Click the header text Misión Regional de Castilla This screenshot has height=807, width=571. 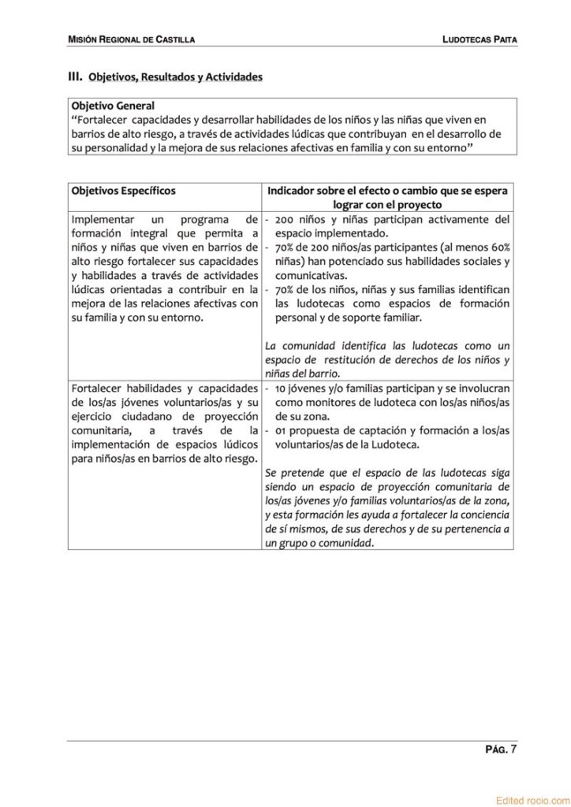click(x=132, y=39)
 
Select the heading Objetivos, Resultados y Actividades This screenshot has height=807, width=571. click(x=175, y=77)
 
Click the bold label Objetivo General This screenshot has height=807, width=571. click(x=113, y=105)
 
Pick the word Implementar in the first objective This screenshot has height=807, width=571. click(x=102, y=218)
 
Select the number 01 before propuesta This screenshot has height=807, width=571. click(x=282, y=430)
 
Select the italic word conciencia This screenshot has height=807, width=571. click(x=483, y=515)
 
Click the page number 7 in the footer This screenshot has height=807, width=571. click(x=513, y=749)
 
